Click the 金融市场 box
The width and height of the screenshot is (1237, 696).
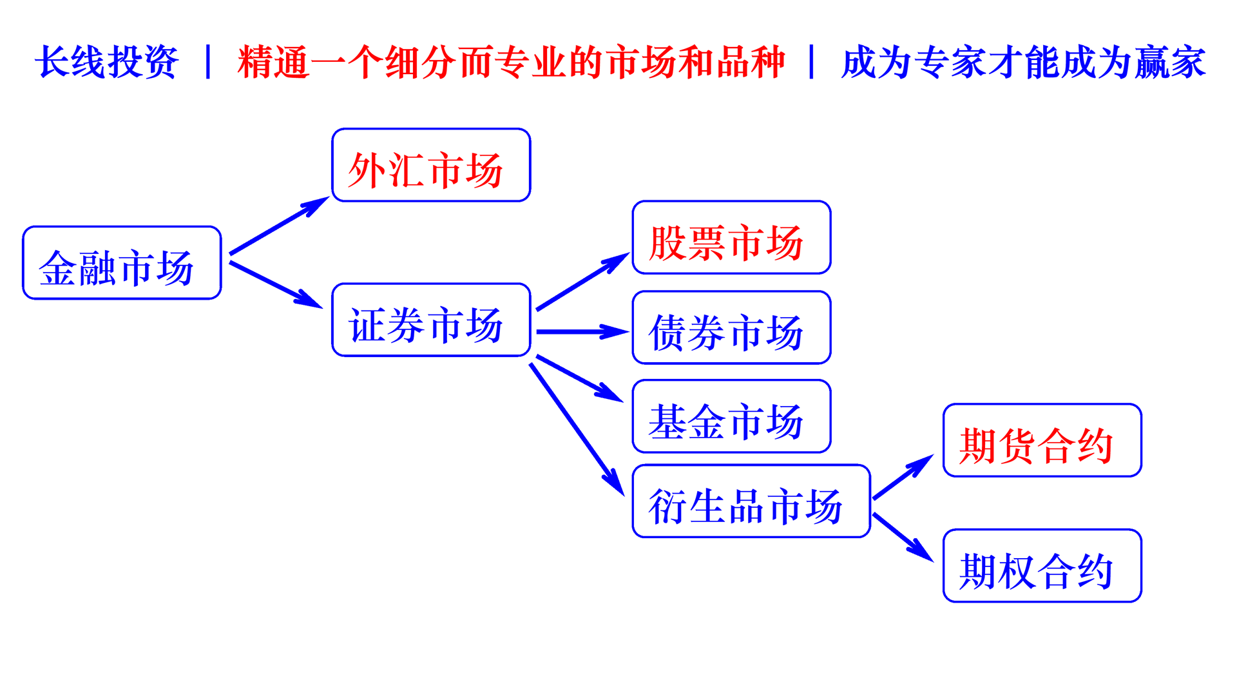(122, 263)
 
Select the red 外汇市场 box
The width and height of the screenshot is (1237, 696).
(431, 166)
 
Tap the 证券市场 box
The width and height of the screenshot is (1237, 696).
(431, 320)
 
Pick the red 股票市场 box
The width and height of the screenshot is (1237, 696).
(731, 238)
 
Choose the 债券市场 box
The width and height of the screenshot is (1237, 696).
(731, 327)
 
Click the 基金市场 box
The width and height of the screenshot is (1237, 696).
(731, 416)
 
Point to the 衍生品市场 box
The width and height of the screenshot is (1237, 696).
(751, 501)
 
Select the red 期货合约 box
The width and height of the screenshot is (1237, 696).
(1042, 441)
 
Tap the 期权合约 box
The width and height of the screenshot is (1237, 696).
(1042, 566)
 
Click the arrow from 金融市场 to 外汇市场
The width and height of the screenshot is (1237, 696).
(278, 226)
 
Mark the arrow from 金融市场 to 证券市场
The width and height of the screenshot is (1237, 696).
(275, 284)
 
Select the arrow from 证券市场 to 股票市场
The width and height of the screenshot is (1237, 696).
(582, 282)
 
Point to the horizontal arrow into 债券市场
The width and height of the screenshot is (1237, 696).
(581, 332)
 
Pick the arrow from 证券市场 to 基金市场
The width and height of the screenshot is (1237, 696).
(579, 378)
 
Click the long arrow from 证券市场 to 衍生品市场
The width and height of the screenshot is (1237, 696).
(577, 429)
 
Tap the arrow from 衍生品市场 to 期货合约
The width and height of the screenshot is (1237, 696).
(902, 478)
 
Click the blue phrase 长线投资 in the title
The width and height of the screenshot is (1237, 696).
(107, 63)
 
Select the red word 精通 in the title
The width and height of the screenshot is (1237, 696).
(274, 63)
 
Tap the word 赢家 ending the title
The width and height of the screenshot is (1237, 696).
(1170, 63)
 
